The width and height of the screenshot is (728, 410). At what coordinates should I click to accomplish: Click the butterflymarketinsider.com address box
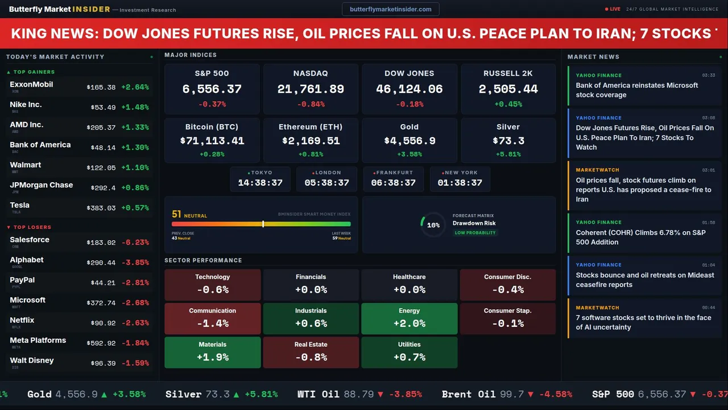pos(391,9)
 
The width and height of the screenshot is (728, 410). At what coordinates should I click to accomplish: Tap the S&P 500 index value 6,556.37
pos(212,89)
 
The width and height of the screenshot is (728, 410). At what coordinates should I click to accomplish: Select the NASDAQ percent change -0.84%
pos(311,104)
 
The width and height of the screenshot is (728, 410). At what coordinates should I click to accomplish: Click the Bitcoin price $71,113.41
pos(212,141)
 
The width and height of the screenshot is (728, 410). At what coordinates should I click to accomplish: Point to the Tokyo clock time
pos(260,183)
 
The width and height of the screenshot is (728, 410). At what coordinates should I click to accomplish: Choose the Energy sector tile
pos(409,318)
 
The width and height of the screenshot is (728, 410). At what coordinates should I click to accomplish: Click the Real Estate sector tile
pos(311,352)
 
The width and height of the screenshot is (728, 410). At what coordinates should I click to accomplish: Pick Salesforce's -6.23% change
pos(135,243)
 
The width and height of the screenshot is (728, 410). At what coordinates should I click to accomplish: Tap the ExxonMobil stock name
pos(31,84)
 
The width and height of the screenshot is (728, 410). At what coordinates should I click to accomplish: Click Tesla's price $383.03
pos(101,208)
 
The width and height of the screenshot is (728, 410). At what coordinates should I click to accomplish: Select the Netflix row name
pos(22,320)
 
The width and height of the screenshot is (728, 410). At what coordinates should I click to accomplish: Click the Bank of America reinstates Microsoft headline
pos(637,90)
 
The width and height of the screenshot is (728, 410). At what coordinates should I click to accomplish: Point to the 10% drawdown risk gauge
pos(433,225)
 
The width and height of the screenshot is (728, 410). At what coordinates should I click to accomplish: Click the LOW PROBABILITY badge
pos(475,233)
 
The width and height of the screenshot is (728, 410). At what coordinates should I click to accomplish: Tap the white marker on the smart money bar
pos(263,224)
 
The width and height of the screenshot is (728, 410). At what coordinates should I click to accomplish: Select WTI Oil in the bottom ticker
pos(318,394)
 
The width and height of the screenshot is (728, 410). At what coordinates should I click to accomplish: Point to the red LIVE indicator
pos(613,9)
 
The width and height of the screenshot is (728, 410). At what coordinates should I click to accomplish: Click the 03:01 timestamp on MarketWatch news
pos(708,170)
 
